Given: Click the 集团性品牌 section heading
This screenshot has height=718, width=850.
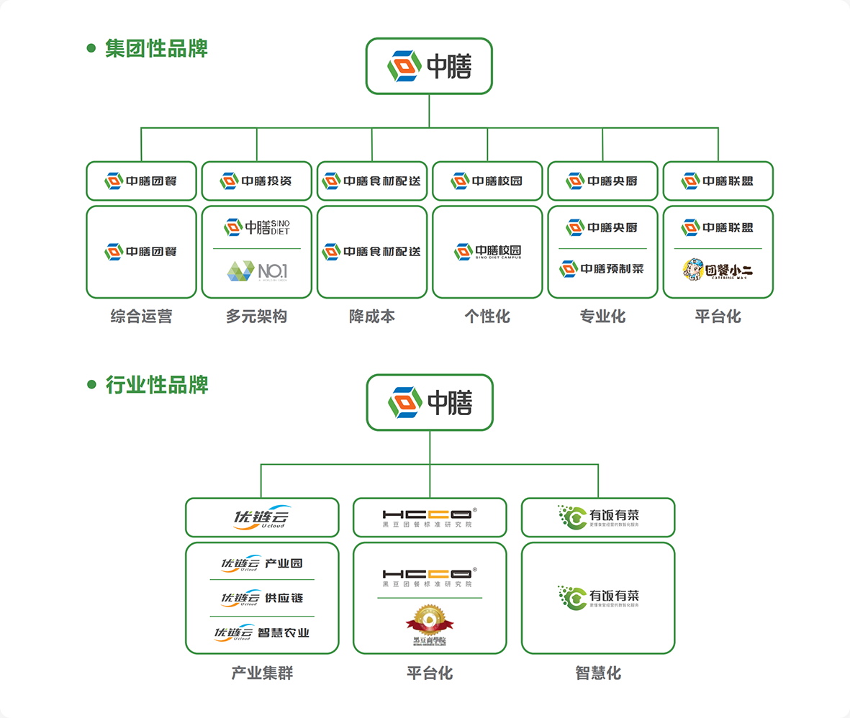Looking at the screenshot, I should [x=156, y=48].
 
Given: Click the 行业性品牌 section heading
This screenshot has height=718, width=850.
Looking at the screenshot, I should [x=156, y=384].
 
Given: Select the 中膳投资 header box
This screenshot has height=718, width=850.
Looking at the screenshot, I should [x=257, y=181].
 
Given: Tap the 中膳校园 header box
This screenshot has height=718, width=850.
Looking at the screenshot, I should [x=487, y=181].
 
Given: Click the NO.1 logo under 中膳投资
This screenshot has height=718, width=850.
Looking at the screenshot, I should [x=257, y=271].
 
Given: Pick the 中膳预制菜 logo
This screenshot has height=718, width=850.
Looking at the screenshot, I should [x=602, y=269].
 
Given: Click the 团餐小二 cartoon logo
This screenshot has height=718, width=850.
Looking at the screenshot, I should [x=718, y=270].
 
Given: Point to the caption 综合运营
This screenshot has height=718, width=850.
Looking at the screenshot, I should [x=141, y=317].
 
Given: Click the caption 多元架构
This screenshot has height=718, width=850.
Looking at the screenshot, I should [x=257, y=317].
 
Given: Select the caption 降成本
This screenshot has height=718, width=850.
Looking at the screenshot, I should [x=372, y=317].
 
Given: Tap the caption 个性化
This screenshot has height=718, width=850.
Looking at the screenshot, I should [x=487, y=317].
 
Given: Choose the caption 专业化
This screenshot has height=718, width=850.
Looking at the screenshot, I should [x=602, y=317].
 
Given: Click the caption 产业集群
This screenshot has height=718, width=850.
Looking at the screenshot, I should [x=262, y=673].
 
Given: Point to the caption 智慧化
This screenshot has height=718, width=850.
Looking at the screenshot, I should [x=598, y=673].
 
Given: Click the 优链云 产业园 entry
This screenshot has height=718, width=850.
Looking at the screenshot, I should [x=262, y=563].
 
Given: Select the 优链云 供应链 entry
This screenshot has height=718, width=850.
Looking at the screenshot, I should [x=262, y=599].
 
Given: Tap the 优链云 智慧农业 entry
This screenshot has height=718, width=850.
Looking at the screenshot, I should [x=262, y=633].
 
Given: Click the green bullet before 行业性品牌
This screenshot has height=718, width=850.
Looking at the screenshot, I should [x=91, y=384].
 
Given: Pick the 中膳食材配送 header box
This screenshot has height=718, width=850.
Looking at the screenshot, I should [x=372, y=181].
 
